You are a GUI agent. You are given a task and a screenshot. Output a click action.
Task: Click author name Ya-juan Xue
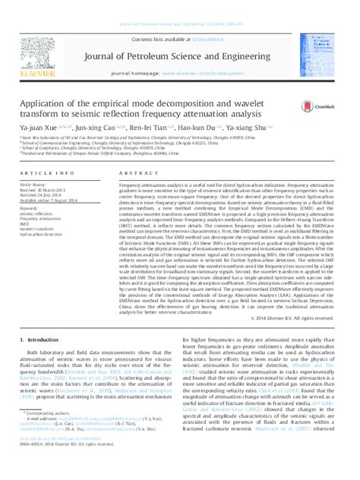[46, 118]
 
